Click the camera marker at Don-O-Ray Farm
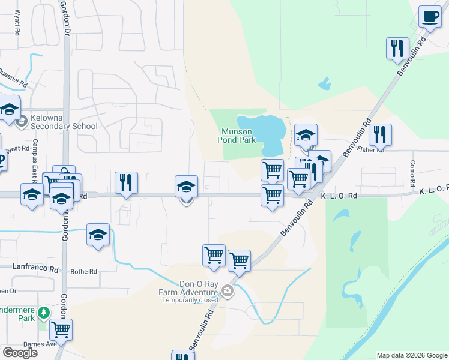[228, 292]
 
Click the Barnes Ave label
[40, 344]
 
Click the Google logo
[20, 353]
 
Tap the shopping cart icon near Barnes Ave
[61, 329]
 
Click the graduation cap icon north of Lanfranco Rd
[98, 234]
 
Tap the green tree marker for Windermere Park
[43, 313]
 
